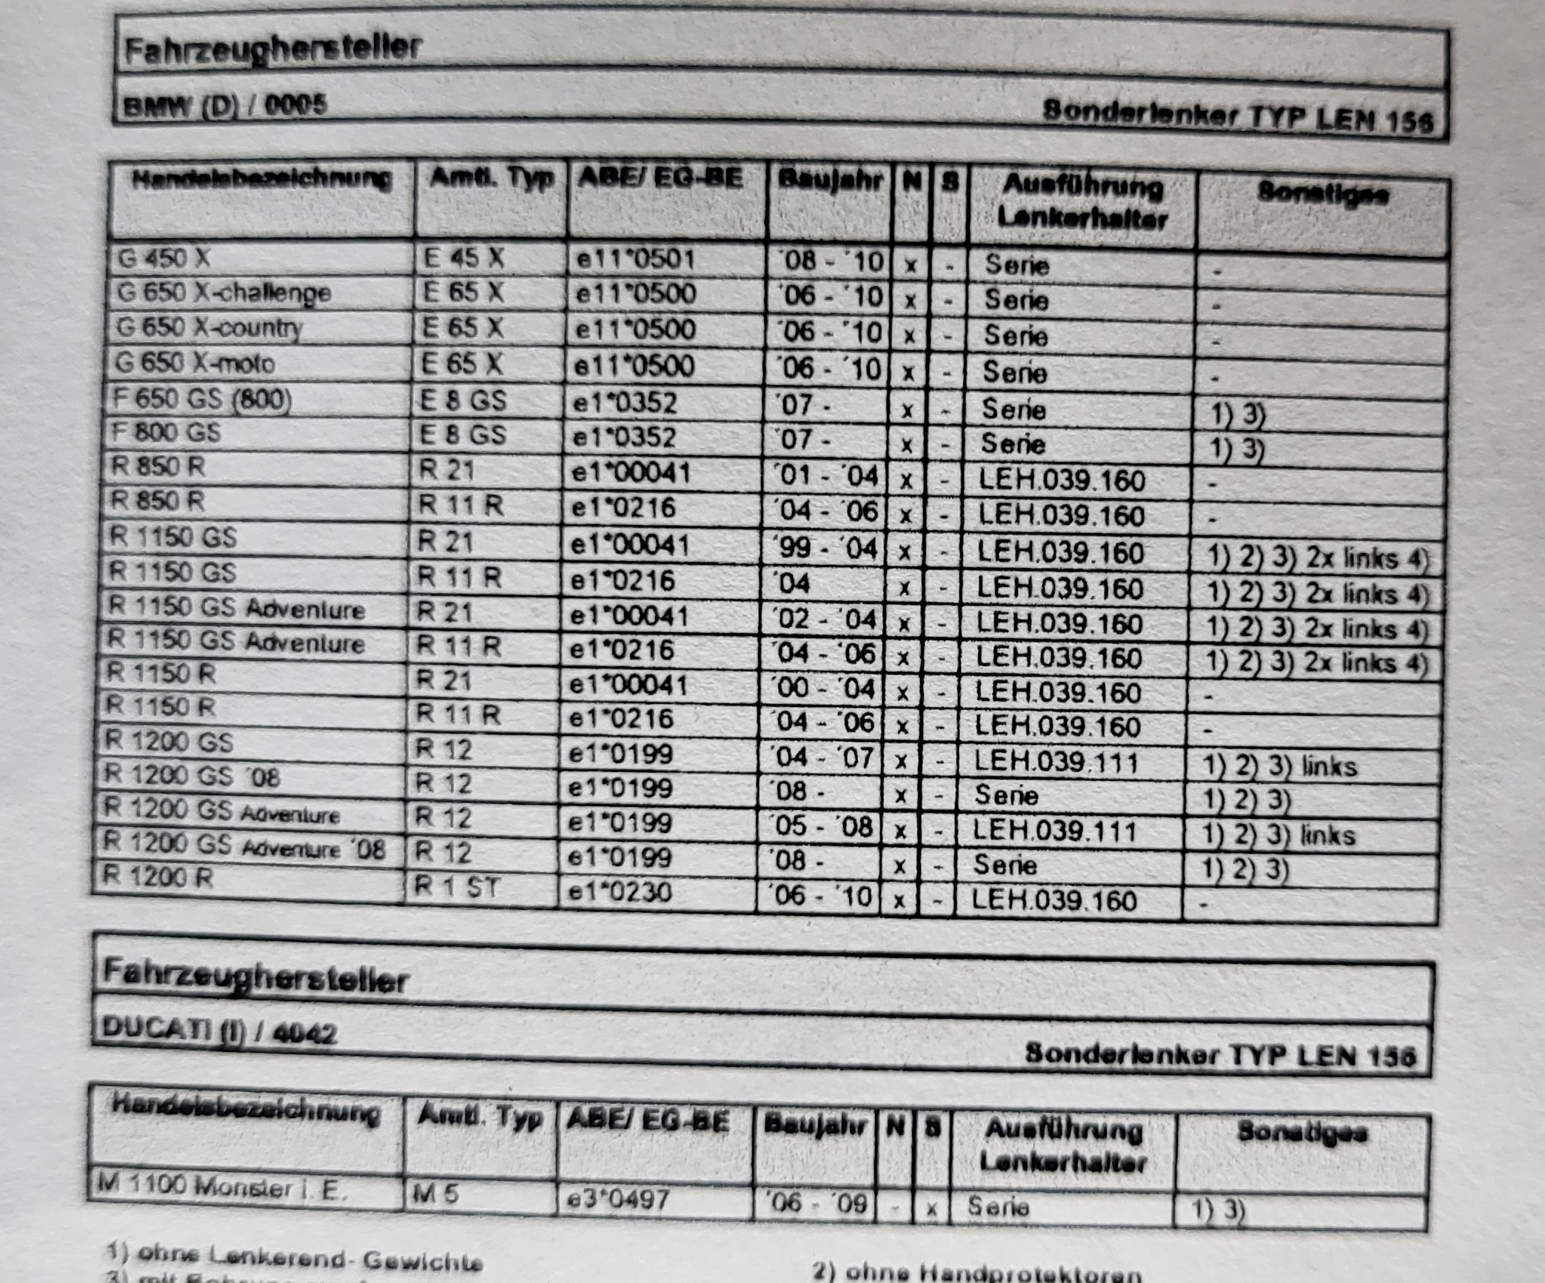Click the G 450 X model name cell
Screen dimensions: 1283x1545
pos(164,258)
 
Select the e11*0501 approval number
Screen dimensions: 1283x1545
pos(636,259)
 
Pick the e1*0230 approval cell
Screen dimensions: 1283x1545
pos(620,892)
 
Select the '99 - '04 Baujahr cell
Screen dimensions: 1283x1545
pos(825,549)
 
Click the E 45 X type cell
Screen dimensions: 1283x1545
pos(463,258)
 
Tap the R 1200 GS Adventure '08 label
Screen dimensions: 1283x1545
pos(244,845)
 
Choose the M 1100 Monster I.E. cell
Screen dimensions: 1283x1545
pos(222,1187)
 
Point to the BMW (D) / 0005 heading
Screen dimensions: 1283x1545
pos(225,105)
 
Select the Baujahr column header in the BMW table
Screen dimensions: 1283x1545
pos(830,181)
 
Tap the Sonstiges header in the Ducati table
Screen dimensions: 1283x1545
pos(1302,1133)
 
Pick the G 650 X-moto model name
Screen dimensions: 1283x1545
pos(195,364)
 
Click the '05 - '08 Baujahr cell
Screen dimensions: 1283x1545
pos(820,826)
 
